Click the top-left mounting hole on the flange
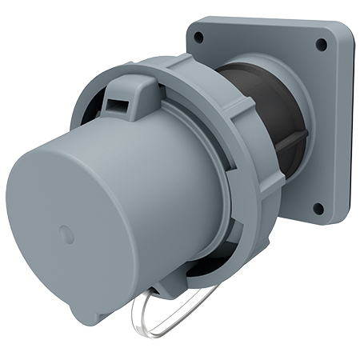coord(198,37)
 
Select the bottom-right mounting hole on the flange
coord(318,209)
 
